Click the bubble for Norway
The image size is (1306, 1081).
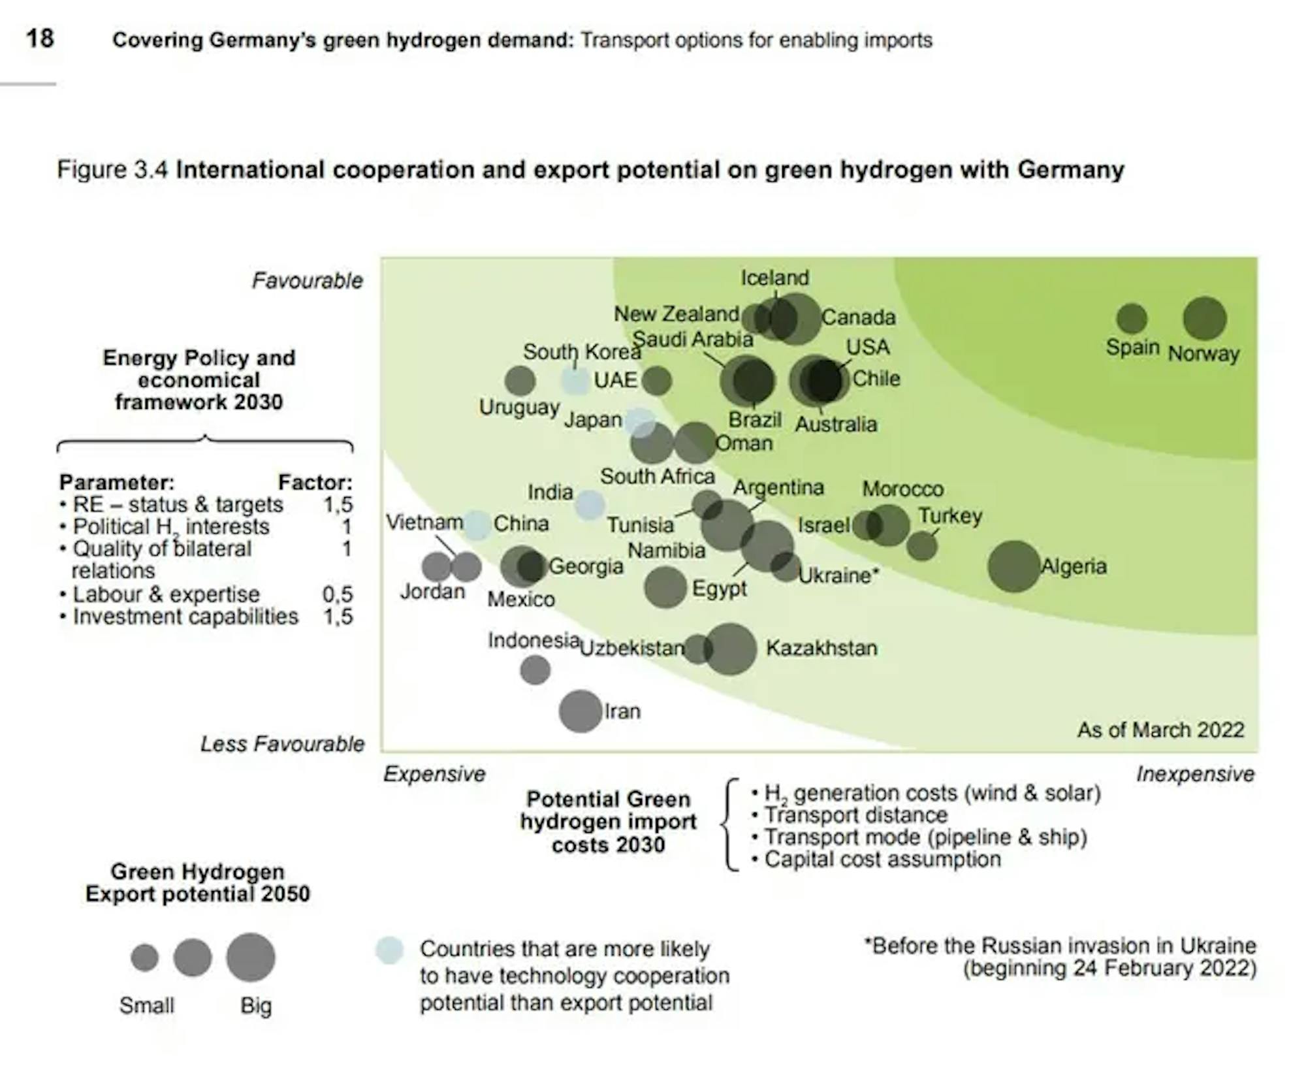point(1204,319)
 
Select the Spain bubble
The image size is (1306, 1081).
point(1132,319)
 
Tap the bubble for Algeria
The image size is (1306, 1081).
point(1013,566)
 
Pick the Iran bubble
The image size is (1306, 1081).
point(580,711)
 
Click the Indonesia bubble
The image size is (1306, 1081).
point(535,670)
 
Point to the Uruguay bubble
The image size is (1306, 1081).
point(520,381)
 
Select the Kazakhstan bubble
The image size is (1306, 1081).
point(730,649)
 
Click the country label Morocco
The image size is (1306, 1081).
point(902,489)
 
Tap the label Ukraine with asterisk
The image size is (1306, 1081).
point(838,575)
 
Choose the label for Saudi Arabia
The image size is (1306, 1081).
point(693,339)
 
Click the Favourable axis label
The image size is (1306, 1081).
point(307,281)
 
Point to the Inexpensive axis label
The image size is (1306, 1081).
point(1195,774)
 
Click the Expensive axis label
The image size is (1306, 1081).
point(434,774)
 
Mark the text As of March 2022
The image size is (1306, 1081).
point(1160,730)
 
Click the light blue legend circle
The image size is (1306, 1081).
point(389,950)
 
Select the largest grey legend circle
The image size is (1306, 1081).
point(251,957)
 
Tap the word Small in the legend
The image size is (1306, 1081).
point(146,1005)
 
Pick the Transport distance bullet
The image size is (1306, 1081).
point(855,815)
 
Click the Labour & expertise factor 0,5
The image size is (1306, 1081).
point(338,594)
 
